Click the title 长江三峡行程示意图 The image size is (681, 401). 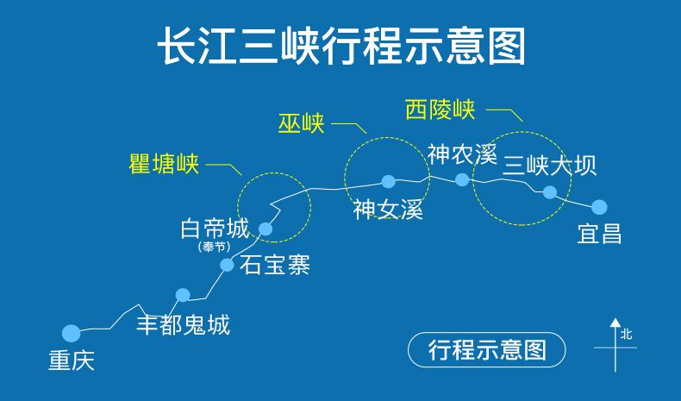point(340,46)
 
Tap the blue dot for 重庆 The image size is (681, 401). point(72,333)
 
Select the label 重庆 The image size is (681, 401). point(72,360)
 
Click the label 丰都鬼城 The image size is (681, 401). point(184,325)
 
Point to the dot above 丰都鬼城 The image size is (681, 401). point(183,295)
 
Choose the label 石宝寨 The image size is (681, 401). point(275,265)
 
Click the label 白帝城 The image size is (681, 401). point(215,229)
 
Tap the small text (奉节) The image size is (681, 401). point(215,247)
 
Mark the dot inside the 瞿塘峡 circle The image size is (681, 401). point(266,229)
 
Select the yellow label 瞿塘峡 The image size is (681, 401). point(164,164)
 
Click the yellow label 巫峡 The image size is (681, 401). point(302,123)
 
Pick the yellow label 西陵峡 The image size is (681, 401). point(440,110)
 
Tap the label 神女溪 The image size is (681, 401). point(388,210)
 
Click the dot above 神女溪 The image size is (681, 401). point(389,181)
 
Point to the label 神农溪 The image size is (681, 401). point(463,154)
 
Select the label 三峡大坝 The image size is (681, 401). point(549,164)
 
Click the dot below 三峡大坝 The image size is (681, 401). point(550,191)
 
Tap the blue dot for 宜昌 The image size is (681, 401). point(599,207)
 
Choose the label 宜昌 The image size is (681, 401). point(600,234)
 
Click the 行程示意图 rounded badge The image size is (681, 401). point(487,349)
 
